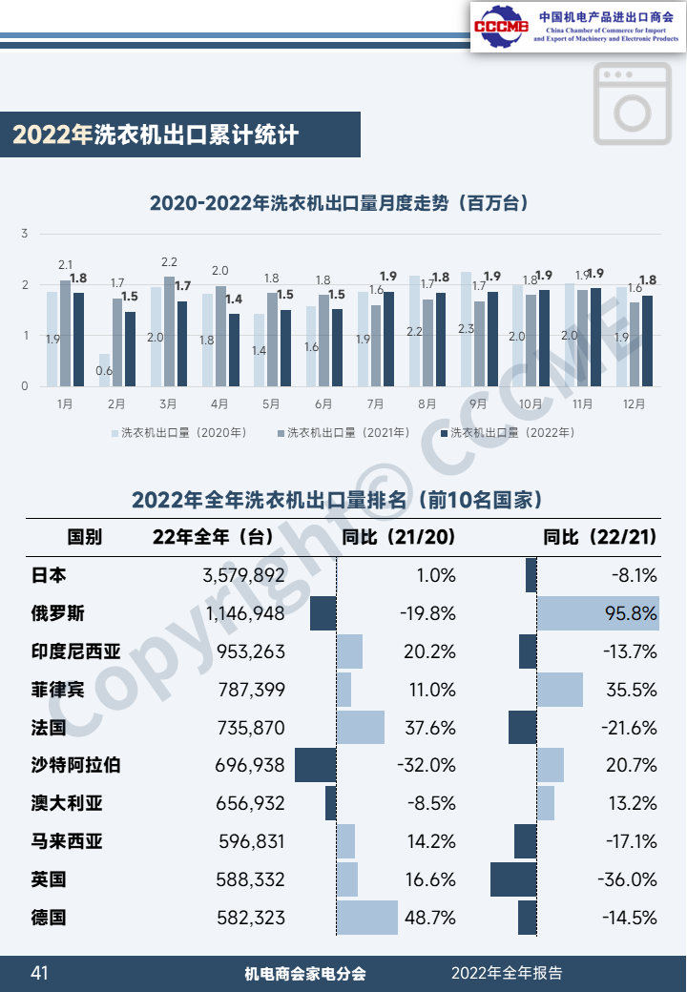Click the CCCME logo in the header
501,27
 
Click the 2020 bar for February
103,370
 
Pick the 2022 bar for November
595,337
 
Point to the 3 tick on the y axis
25,234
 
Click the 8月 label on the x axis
427,403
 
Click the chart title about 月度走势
340,203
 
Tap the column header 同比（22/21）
599,537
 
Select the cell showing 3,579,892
243,575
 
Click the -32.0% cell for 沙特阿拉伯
427,766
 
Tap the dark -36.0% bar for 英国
513,879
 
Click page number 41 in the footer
39,973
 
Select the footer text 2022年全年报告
507,973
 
